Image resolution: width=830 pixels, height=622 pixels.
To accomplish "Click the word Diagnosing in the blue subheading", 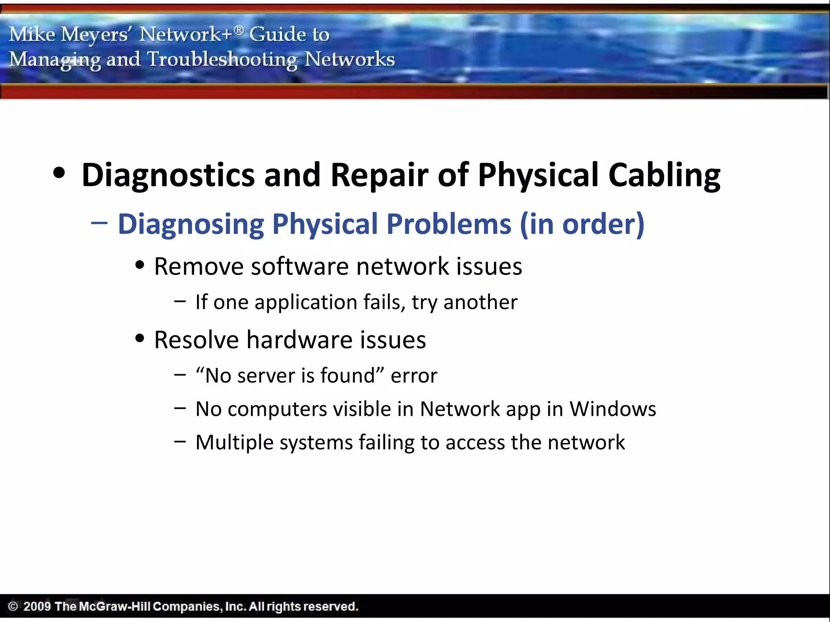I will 190,224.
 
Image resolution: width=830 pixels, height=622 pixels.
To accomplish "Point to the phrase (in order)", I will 582,224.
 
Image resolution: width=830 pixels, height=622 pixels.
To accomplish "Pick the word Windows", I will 613,409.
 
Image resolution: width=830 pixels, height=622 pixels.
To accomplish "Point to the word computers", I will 277,409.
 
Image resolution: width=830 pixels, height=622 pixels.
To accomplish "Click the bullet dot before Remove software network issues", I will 140,266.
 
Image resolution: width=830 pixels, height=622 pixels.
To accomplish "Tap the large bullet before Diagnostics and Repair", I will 59,173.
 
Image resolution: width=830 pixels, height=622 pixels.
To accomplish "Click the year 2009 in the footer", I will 37,606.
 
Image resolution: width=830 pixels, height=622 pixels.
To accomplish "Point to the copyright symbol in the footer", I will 13,606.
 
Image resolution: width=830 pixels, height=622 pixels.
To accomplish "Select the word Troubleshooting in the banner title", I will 222,60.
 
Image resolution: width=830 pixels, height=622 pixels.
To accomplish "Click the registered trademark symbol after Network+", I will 239,29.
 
